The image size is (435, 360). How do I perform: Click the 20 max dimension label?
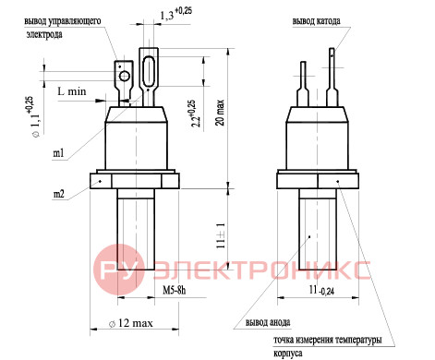click(220, 113)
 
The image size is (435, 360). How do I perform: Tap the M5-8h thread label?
click(175, 290)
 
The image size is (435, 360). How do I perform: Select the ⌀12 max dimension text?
click(131, 323)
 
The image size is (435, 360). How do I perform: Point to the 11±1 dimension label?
click(221, 235)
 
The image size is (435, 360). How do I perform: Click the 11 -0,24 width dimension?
click(321, 290)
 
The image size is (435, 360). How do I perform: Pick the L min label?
click(72, 91)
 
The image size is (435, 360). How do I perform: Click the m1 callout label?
click(58, 153)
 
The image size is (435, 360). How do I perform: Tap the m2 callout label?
click(59, 194)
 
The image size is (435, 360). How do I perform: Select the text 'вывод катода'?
click(316, 21)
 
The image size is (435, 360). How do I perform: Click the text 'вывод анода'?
click(268, 322)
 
